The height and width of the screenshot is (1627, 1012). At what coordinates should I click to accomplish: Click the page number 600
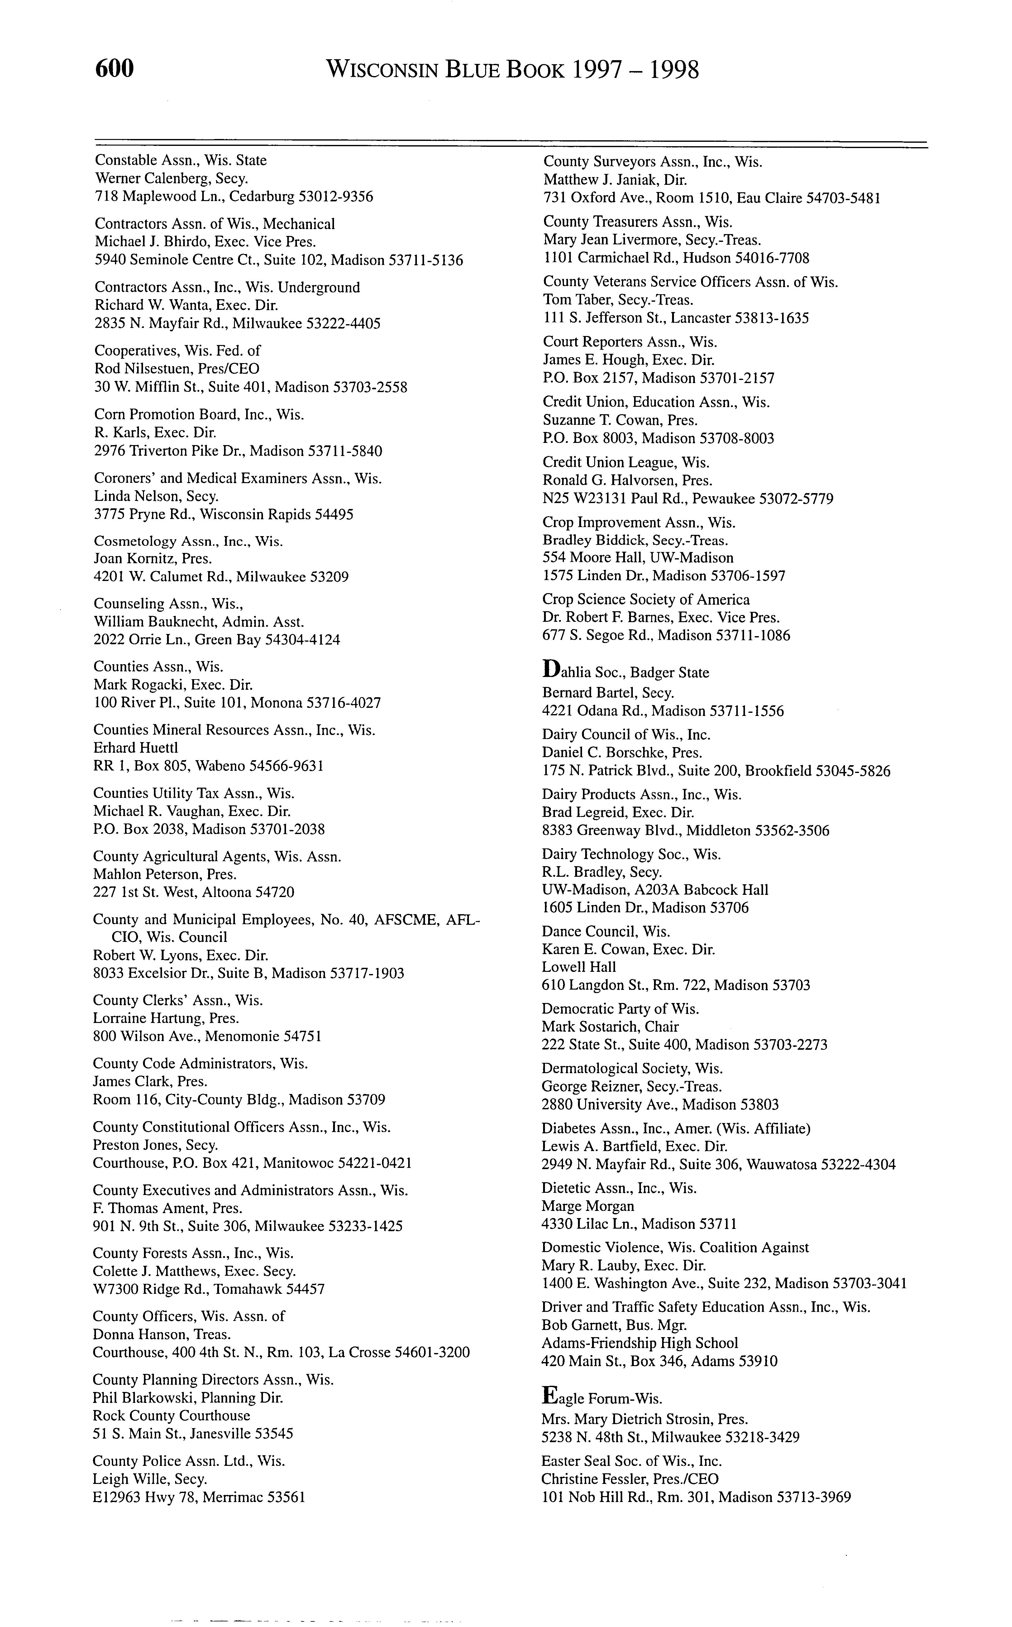[115, 69]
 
